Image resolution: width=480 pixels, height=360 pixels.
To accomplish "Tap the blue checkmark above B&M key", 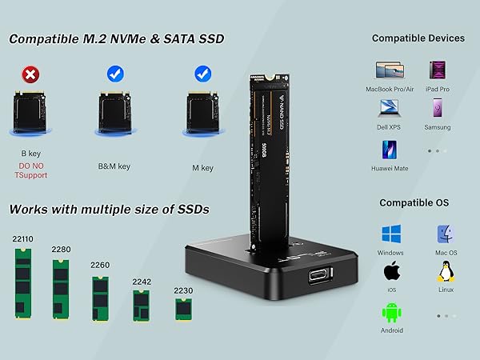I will tap(114, 74).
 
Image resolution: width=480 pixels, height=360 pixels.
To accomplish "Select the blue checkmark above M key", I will tap(202, 74).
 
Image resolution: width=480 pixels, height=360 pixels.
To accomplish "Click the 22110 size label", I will tap(23, 238).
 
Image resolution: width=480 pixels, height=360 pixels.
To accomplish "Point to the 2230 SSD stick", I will tap(182, 306).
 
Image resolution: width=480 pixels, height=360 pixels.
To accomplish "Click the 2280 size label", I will tap(61, 250).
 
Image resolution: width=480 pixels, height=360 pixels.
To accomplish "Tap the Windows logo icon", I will tap(391, 234).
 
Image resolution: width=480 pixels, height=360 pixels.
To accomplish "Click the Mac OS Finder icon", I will tap(446, 234).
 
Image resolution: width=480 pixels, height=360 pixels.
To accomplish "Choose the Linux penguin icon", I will tap(446, 272).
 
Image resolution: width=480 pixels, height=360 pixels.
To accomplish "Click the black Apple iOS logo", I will tap(391, 271).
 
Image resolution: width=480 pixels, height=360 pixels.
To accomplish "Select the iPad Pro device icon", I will tap(438, 70).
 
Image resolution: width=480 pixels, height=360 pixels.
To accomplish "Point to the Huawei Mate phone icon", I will tap(390, 150).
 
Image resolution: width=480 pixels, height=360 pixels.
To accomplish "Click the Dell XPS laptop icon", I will tap(390, 110).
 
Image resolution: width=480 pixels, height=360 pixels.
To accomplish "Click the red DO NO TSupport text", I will tap(33, 170).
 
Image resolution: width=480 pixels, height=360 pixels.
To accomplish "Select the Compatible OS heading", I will tap(418, 202).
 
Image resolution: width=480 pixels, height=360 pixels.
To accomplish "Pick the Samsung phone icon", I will tap(438, 110).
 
